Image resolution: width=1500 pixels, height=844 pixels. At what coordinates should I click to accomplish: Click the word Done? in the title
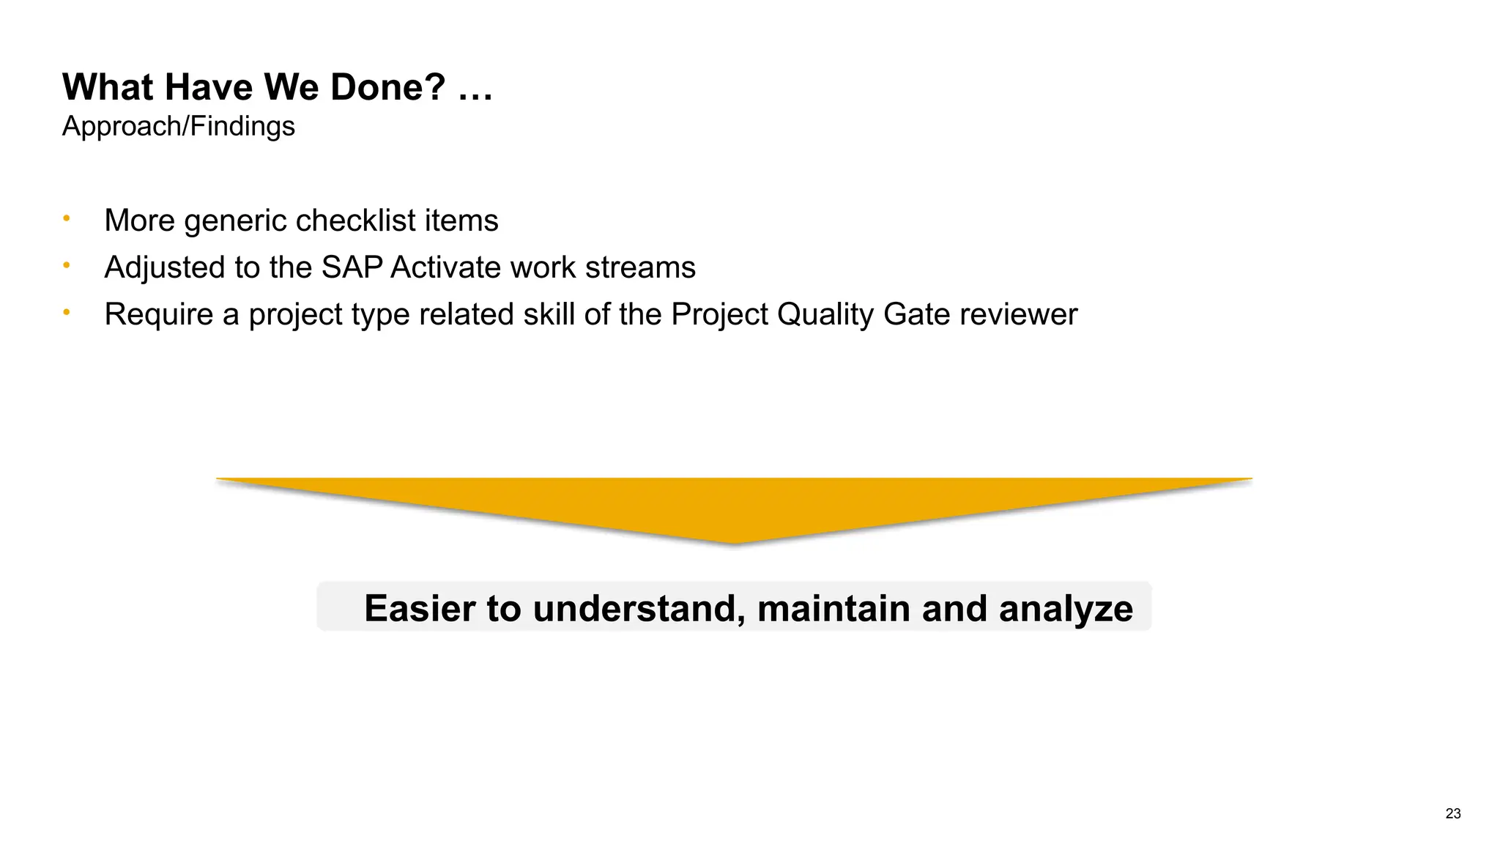click(x=387, y=87)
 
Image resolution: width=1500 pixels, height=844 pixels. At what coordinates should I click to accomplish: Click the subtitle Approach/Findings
click(x=178, y=126)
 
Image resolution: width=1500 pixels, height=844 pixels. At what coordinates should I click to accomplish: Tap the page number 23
click(x=1453, y=813)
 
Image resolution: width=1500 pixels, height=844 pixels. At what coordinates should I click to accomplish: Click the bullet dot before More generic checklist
click(x=67, y=218)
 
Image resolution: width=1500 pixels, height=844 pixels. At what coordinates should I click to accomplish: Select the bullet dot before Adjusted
click(x=67, y=265)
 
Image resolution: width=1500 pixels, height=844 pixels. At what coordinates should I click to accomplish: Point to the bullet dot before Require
click(x=67, y=312)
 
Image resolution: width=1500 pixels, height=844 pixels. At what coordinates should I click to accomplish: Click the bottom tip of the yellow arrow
click(x=735, y=542)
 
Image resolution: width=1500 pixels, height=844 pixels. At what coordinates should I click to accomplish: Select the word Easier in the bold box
click(x=420, y=608)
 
